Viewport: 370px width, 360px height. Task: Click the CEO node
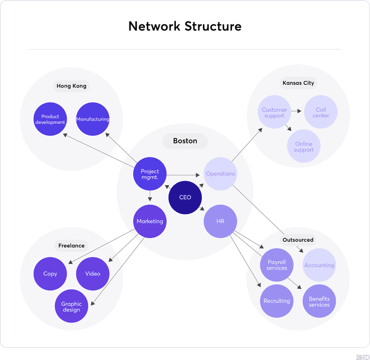click(x=185, y=197)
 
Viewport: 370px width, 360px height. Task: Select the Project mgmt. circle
click(x=150, y=174)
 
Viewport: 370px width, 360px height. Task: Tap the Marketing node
click(x=150, y=221)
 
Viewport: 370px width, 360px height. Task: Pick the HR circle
click(x=220, y=221)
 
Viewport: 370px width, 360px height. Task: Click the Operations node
click(x=220, y=174)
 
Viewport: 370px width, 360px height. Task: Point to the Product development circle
click(x=50, y=119)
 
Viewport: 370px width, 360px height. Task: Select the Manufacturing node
click(x=92, y=119)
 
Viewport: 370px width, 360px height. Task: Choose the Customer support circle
click(x=274, y=112)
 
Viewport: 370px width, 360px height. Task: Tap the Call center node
click(x=321, y=112)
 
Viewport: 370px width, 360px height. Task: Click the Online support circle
click(x=304, y=146)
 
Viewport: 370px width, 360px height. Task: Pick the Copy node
click(x=50, y=274)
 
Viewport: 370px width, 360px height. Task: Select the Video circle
click(x=92, y=274)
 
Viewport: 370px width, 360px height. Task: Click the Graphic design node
click(x=72, y=307)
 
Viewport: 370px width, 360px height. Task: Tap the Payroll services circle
click(x=277, y=265)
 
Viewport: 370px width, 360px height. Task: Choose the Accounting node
click(x=319, y=265)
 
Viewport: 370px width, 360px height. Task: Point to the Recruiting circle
click(x=277, y=301)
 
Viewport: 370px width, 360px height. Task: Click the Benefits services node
click(x=319, y=302)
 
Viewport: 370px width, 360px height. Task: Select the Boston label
click(x=185, y=141)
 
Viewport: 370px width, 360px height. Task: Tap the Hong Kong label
click(x=72, y=86)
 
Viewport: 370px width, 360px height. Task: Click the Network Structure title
click(x=185, y=26)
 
